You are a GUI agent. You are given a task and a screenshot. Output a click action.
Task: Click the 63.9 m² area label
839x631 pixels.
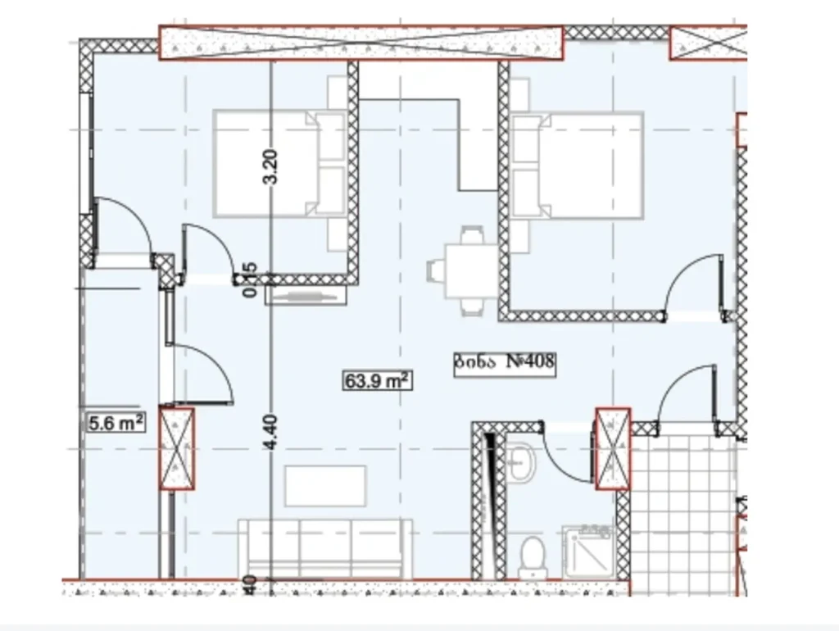[x=376, y=379]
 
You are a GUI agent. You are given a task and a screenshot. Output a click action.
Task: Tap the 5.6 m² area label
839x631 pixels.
[x=116, y=423]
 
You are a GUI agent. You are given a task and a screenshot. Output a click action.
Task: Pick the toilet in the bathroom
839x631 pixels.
[x=533, y=555]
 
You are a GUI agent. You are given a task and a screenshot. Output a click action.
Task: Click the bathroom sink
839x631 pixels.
[x=521, y=464]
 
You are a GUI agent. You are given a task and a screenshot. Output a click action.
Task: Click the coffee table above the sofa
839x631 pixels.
[x=325, y=486]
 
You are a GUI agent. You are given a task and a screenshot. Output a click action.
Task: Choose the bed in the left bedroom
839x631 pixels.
[x=279, y=164]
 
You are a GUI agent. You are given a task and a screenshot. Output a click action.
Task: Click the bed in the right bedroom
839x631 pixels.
[x=578, y=166]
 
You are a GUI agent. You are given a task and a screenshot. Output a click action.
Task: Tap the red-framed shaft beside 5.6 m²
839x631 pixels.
[x=176, y=449]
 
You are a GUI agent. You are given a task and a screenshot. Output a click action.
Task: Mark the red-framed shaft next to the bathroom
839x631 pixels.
[x=613, y=449]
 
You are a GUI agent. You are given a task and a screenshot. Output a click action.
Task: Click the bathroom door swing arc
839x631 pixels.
[x=568, y=459]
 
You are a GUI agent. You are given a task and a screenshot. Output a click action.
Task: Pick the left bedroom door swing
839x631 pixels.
[x=205, y=250]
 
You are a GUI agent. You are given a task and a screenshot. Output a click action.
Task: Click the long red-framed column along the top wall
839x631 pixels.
[x=361, y=43]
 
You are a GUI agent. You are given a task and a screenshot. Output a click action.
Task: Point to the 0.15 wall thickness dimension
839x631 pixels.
[x=251, y=279]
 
